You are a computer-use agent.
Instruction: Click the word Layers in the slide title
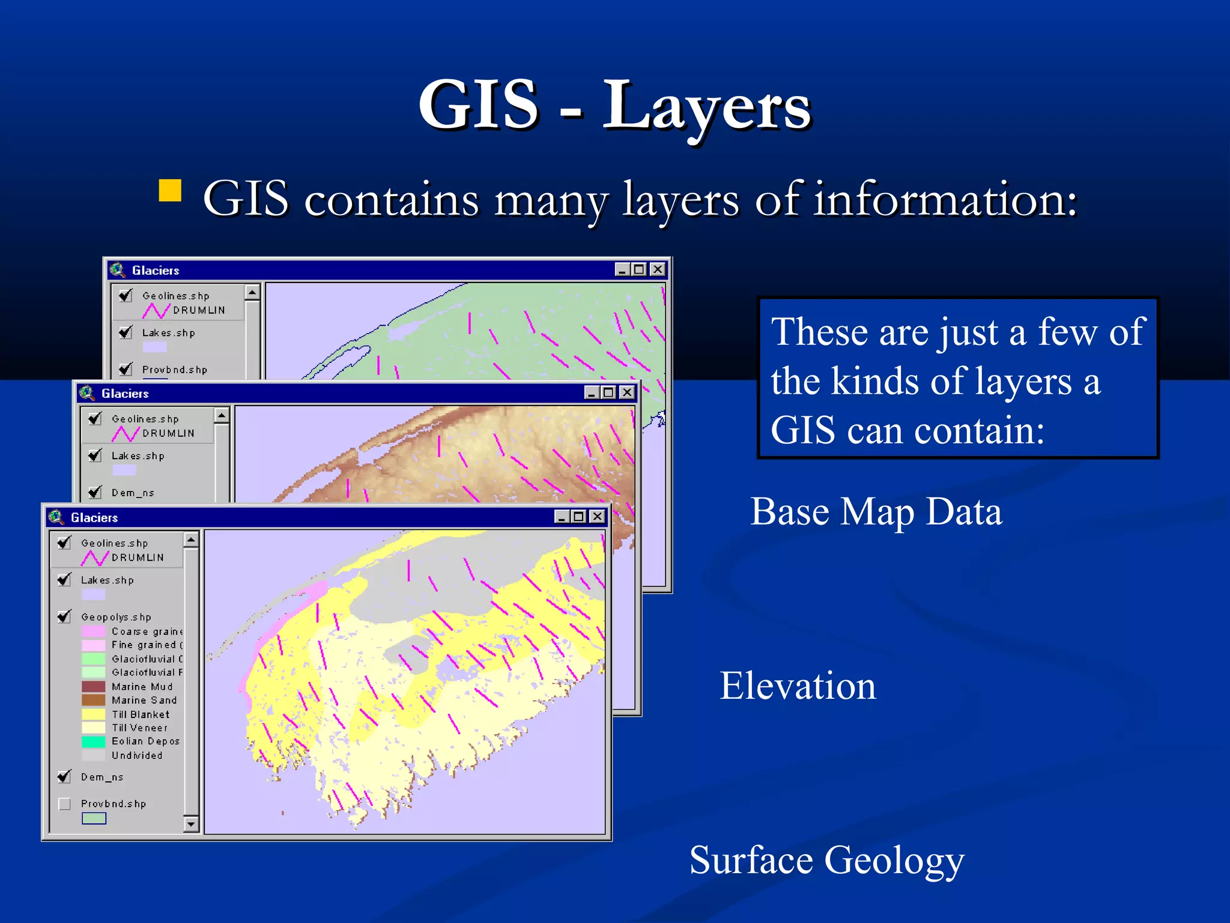(706, 107)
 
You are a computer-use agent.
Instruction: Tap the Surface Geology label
(826, 860)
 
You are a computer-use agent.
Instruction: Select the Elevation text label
(798, 686)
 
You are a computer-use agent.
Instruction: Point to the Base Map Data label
(876, 512)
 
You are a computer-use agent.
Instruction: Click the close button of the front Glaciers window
(597, 516)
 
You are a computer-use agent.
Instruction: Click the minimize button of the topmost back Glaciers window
(622, 270)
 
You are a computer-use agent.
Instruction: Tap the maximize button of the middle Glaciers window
(608, 392)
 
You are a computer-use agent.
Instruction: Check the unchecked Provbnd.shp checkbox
(65, 804)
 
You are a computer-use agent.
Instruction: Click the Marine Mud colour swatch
(93, 686)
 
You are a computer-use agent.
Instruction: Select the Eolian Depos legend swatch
(93, 742)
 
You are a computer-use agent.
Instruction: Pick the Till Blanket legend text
(141, 714)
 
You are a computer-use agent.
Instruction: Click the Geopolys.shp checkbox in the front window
(64, 617)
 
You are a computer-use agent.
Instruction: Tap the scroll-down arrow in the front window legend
(191, 823)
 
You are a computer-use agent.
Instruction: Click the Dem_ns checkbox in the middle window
(95, 492)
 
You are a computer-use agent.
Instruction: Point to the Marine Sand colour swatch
(93, 700)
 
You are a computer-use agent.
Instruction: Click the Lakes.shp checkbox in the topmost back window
(126, 332)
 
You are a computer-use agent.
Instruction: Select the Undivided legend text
(137, 755)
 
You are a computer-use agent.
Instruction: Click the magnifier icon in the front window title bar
(56, 517)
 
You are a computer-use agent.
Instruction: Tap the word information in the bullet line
(945, 199)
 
